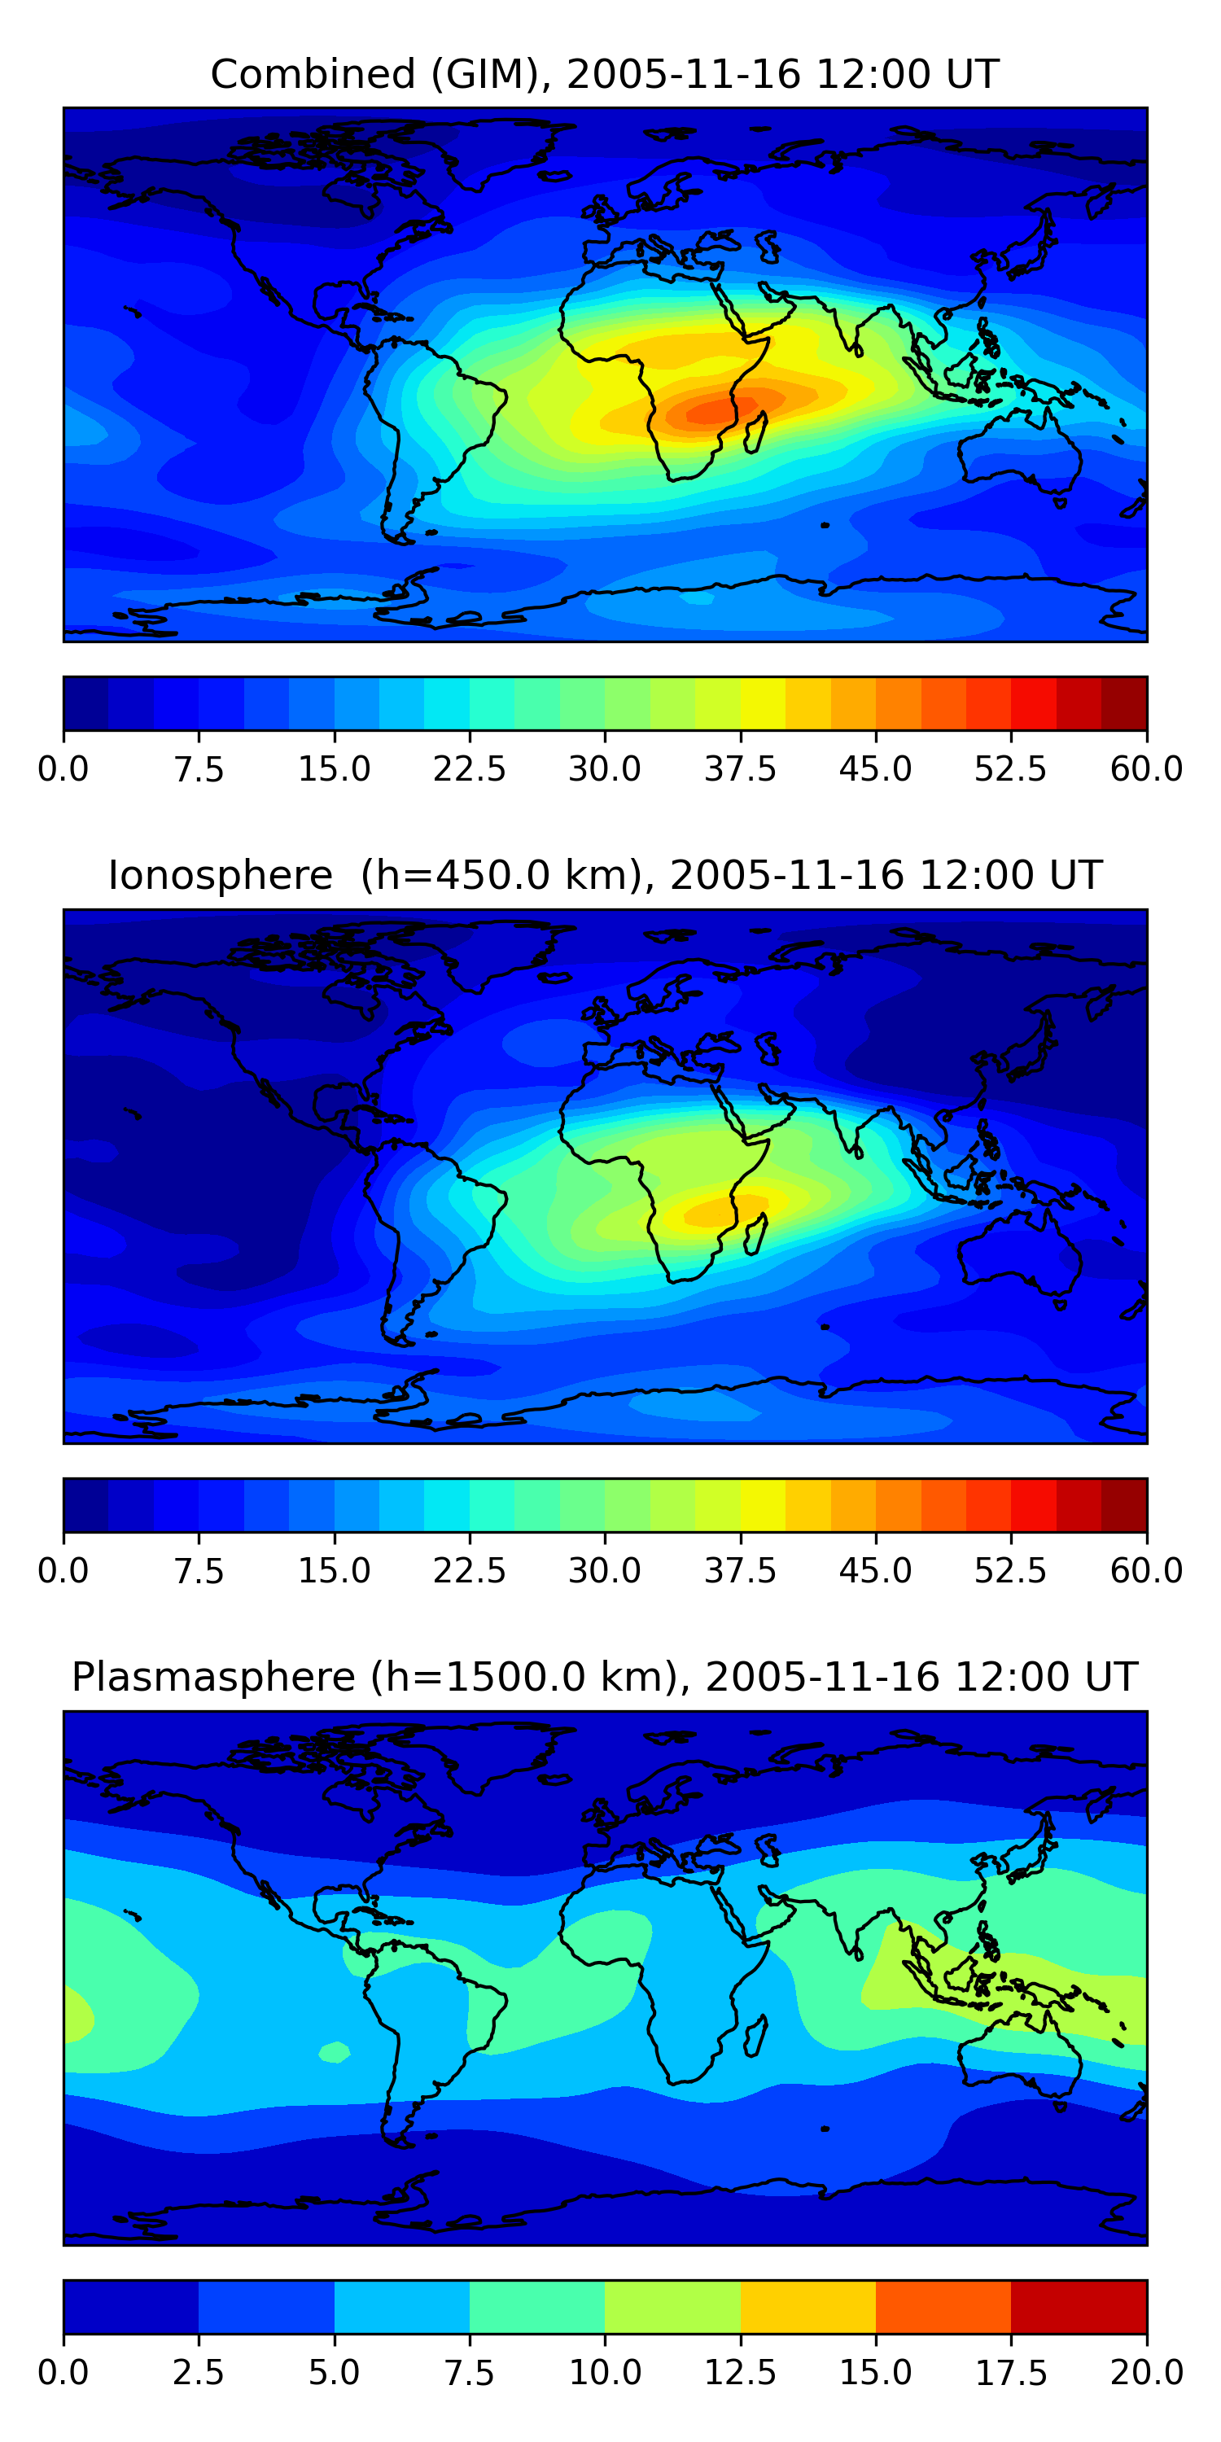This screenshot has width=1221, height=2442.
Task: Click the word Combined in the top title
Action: click(x=313, y=74)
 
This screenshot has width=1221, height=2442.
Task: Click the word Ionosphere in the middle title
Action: click(x=220, y=875)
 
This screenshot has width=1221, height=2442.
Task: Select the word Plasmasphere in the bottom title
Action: click(x=213, y=1678)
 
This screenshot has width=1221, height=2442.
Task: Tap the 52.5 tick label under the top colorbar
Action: click(x=1010, y=768)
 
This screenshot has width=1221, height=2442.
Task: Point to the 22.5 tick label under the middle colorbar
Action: click(x=469, y=1571)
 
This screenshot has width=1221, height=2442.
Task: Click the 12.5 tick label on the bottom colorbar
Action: click(x=739, y=2373)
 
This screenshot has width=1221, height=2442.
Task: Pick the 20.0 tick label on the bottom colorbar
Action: click(x=1146, y=2373)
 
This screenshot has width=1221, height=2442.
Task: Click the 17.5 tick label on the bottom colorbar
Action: click(x=1010, y=2373)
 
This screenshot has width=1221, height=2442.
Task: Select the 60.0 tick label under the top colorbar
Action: click(x=1146, y=768)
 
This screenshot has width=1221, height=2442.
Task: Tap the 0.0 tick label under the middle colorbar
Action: click(x=63, y=1571)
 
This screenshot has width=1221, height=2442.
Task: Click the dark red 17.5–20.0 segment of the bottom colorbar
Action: click(x=1079, y=2306)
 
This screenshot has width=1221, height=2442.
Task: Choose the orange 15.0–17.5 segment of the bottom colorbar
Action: click(x=943, y=2306)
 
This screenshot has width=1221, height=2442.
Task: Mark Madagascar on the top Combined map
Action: click(x=755, y=432)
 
